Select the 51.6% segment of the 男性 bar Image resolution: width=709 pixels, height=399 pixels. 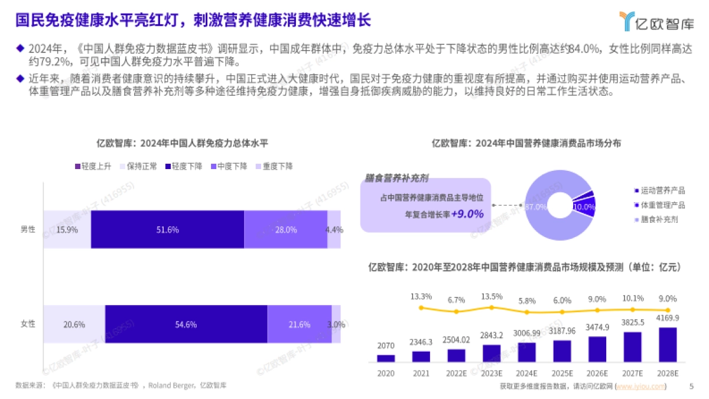point(167,229)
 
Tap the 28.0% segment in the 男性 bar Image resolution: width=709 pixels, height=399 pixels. point(285,229)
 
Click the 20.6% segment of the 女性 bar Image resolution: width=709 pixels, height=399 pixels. point(74,324)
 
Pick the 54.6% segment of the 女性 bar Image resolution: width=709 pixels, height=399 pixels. point(186,324)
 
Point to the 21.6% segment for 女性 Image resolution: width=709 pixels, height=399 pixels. point(299,324)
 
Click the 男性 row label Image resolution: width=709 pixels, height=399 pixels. point(28,229)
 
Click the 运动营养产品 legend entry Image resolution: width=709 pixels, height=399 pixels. point(662,190)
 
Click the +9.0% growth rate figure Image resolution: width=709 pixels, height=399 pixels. point(467,214)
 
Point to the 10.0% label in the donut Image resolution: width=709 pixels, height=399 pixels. point(584,207)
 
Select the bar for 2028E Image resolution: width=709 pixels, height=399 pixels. point(668,345)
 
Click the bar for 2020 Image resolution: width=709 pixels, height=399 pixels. point(386,358)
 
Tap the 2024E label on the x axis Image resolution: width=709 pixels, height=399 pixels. point(526,374)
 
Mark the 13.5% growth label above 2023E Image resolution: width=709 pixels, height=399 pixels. point(492,296)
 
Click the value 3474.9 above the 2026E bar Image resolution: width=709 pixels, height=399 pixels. point(597,326)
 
